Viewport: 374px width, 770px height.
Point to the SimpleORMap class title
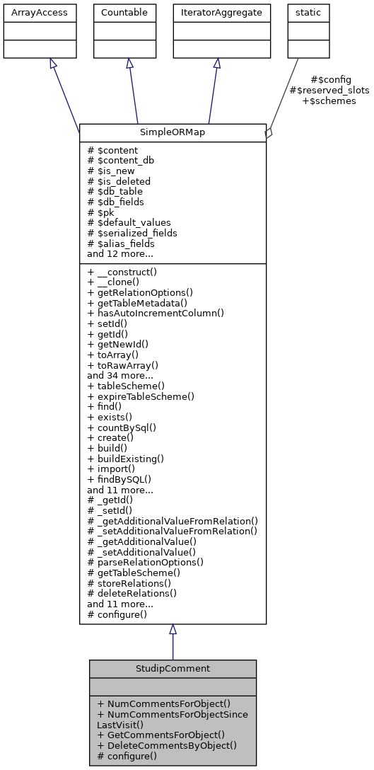click(x=173, y=132)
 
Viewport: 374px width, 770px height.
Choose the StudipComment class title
click(x=173, y=668)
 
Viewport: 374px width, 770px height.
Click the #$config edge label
click(x=330, y=79)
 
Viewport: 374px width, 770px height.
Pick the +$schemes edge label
click(x=329, y=100)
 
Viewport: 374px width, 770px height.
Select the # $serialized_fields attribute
click(x=132, y=232)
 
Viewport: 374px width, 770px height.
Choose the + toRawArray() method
click(x=122, y=365)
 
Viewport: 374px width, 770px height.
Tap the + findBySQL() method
click(x=119, y=478)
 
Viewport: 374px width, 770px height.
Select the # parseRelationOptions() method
click(x=145, y=562)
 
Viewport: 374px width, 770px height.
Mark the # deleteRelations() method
click(x=132, y=593)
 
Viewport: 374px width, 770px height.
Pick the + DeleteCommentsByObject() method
click(x=166, y=745)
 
